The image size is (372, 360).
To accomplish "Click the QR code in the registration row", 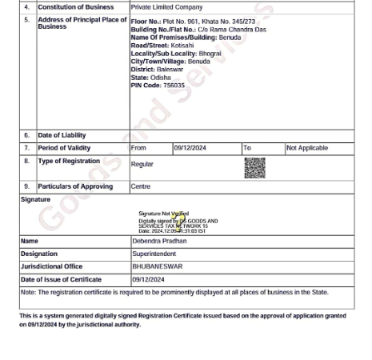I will click(x=254, y=167).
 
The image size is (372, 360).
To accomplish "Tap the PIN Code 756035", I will click(x=158, y=86).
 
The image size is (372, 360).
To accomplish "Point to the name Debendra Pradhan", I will click(x=159, y=241).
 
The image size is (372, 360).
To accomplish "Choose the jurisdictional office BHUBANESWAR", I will click(x=157, y=266).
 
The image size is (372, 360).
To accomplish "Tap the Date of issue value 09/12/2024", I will click(x=148, y=280).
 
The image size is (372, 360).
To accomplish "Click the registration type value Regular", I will click(x=142, y=164).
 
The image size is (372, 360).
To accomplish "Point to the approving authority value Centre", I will click(x=141, y=186).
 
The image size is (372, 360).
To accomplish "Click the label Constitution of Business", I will click(x=75, y=6).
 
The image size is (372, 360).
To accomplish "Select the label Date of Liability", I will click(x=62, y=135).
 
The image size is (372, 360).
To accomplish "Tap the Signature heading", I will click(x=35, y=199).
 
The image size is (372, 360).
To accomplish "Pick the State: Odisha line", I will click(x=145, y=78).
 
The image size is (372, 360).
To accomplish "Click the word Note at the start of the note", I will click(x=28, y=293).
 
